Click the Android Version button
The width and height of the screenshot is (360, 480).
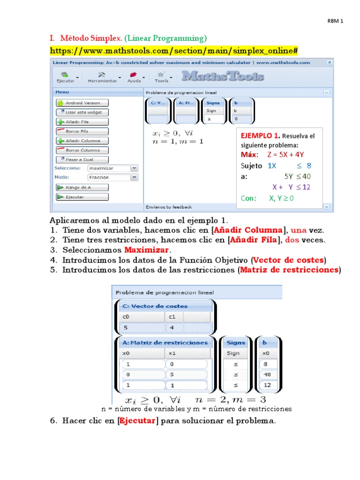(82, 103)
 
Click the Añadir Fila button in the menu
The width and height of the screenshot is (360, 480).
(82, 122)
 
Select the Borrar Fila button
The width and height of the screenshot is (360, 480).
(82, 131)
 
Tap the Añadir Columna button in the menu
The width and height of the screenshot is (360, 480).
(82, 141)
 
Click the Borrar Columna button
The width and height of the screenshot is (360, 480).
(82, 150)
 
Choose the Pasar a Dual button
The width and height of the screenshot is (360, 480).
(82, 159)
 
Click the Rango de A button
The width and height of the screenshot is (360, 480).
(82, 187)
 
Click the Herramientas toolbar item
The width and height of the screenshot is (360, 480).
(102, 77)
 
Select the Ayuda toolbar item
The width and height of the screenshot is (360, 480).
(134, 77)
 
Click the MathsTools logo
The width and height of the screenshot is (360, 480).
(223, 76)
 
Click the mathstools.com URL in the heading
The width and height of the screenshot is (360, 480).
(174, 50)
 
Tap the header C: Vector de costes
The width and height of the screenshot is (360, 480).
(155, 306)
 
